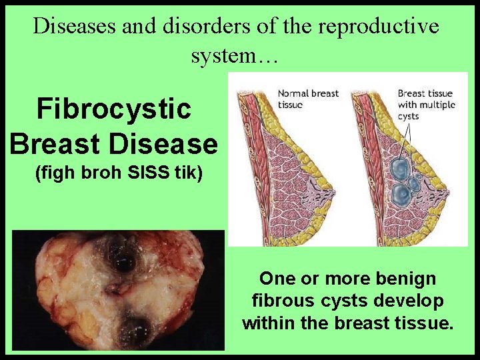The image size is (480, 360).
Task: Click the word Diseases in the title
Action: tap(73, 26)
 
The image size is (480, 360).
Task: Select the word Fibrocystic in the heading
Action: tap(114, 109)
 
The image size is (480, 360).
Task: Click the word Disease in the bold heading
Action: tap(171, 143)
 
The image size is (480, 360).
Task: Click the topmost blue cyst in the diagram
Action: tap(402, 166)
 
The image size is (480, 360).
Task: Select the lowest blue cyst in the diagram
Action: tap(401, 195)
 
